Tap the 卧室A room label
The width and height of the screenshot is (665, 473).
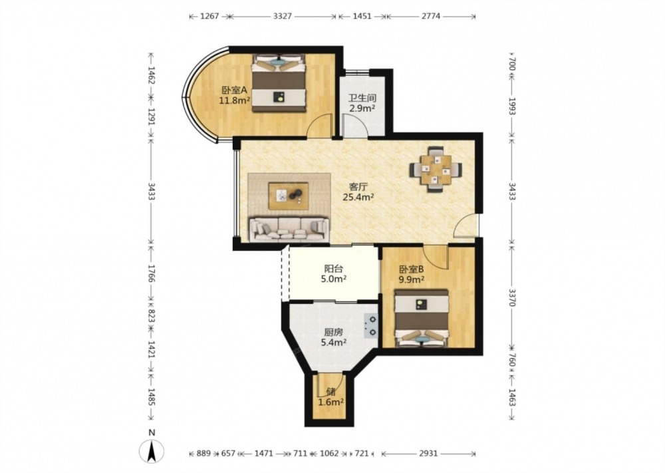coord(235,90)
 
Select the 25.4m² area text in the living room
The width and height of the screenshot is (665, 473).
coord(358,196)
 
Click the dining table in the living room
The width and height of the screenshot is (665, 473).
coord(436,170)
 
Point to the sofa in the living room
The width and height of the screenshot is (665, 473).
coord(289,229)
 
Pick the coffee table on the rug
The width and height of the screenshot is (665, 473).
coord(289,196)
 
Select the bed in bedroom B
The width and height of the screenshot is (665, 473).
coord(422,318)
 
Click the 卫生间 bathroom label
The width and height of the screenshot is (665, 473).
coord(362,98)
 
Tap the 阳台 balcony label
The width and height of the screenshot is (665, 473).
coord(334,269)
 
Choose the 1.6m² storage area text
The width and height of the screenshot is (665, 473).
coord(331,402)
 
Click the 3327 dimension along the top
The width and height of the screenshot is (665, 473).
coord(282,16)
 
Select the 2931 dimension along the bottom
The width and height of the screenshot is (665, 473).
coord(428,453)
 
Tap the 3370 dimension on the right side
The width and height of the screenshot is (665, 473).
coord(512,297)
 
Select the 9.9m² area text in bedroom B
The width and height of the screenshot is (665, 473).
coord(412,279)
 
